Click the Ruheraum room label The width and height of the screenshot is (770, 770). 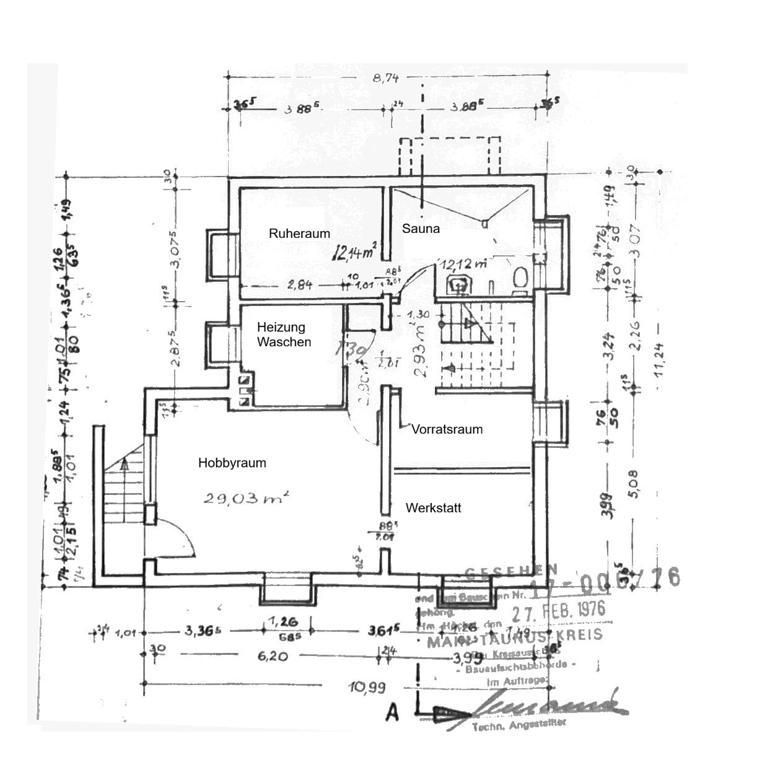click(299, 234)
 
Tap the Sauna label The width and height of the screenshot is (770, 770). click(421, 229)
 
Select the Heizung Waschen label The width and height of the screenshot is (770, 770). click(284, 335)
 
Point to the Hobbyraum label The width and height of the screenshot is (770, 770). click(232, 463)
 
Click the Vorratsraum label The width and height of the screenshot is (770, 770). click(447, 429)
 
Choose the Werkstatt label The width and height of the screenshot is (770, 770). click(433, 508)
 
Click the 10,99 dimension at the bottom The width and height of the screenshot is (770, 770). click(367, 687)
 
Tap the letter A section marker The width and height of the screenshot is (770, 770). click(392, 713)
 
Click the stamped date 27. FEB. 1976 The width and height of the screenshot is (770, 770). click(558, 611)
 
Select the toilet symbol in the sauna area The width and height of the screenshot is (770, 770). click(519, 277)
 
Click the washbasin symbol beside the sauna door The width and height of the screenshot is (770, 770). click(459, 286)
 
